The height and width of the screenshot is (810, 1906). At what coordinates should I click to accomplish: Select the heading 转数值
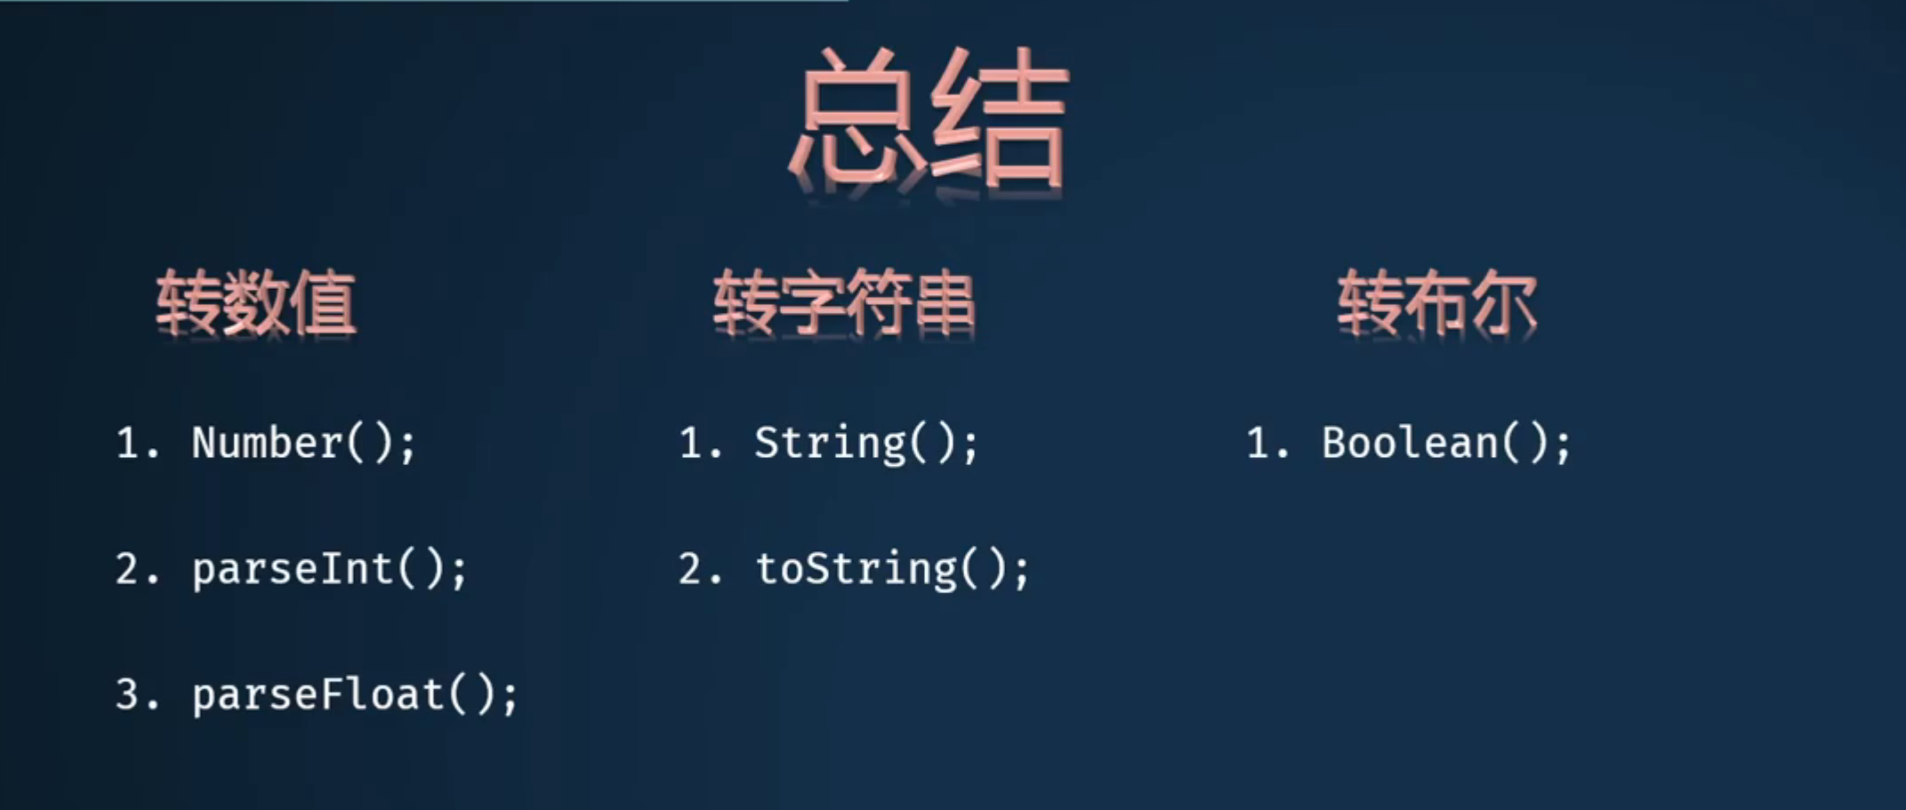tap(256, 303)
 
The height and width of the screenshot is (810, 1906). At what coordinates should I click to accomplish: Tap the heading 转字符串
tap(844, 303)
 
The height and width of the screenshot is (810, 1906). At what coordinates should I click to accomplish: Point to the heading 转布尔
tap(1437, 303)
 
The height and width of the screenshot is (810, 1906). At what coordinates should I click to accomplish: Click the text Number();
tap(303, 443)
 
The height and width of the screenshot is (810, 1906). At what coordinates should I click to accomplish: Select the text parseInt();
tap(329, 569)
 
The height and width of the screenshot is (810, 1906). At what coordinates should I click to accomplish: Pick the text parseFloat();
tap(355, 694)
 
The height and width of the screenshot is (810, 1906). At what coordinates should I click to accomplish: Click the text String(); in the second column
tap(866, 443)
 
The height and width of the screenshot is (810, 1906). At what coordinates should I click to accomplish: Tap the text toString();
tap(892, 569)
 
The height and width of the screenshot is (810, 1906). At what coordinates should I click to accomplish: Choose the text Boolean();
tap(1446, 443)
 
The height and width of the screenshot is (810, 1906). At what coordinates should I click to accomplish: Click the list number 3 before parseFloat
tap(128, 694)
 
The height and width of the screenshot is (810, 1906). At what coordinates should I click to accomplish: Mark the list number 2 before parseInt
tap(128, 569)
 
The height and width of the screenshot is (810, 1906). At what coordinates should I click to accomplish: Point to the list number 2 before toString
tap(691, 569)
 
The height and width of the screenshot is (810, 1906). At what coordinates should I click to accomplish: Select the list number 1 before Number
tap(128, 443)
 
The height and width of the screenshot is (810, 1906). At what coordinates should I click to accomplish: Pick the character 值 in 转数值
tap(325, 303)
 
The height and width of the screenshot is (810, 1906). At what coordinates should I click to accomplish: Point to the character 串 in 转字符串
tap(945, 303)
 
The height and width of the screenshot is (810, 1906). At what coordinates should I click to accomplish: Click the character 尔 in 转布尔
tap(1505, 303)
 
